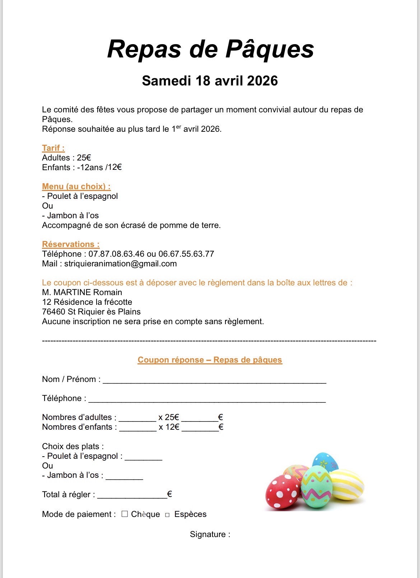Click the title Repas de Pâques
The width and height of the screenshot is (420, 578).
click(210, 49)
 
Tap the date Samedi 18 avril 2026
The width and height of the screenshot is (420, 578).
click(210, 81)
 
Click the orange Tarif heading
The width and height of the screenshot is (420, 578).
click(53, 148)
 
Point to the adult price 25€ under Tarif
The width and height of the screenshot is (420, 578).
click(84, 158)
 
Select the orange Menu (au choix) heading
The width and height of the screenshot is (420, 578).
click(76, 186)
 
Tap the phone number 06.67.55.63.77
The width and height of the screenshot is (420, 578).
click(186, 254)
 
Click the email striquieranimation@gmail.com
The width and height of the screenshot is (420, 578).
click(120, 264)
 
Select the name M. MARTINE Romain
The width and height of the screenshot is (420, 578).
click(82, 292)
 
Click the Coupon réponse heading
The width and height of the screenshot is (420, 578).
click(210, 360)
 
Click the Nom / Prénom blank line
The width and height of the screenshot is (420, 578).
click(214, 381)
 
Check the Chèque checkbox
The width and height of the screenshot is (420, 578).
click(125, 514)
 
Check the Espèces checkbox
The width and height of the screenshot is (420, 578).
click(167, 515)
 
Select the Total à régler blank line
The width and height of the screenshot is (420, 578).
click(132, 496)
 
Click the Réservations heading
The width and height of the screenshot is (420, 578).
click(71, 244)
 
